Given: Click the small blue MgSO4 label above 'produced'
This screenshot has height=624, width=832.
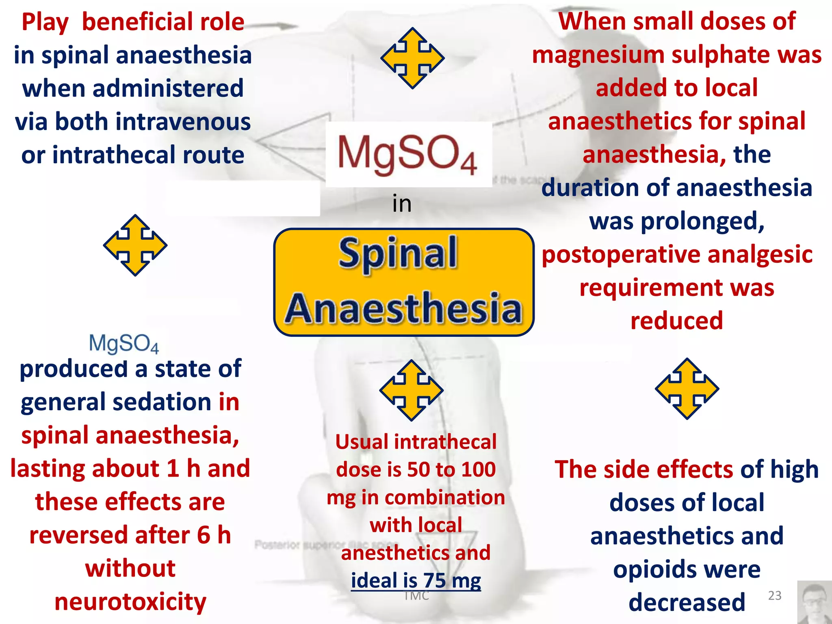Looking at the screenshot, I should pyautogui.click(x=123, y=344).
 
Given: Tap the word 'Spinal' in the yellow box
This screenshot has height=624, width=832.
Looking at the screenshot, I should pyautogui.click(x=398, y=254).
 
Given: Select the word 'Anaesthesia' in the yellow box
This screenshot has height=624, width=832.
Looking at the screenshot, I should pyautogui.click(x=403, y=309).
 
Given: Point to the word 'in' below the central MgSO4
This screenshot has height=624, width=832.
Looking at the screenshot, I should pyautogui.click(x=402, y=204).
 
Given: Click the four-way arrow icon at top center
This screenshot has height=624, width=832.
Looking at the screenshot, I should pyautogui.click(x=412, y=58).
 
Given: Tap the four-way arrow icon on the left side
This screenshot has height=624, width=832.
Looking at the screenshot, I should pyautogui.click(x=135, y=245).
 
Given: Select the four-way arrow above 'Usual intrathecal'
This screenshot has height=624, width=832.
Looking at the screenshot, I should pyautogui.click(x=411, y=390).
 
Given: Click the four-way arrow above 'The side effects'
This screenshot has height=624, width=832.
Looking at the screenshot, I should pyautogui.click(x=687, y=389).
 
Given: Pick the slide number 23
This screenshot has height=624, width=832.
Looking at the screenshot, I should pyautogui.click(x=775, y=596).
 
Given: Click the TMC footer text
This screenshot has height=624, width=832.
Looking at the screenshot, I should pyautogui.click(x=416, y=596).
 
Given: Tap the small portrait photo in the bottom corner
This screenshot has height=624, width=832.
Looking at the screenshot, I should pyautogui.click(x=814, y=602).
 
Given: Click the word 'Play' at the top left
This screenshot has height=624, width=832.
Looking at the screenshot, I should pyautogui.click(x=45, y=22).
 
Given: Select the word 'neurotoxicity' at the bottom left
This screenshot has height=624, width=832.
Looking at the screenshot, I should pyautogui.click(x=130, y=602).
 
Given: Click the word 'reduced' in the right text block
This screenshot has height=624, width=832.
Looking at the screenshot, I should pyautogui.click(x=677, y=321).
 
